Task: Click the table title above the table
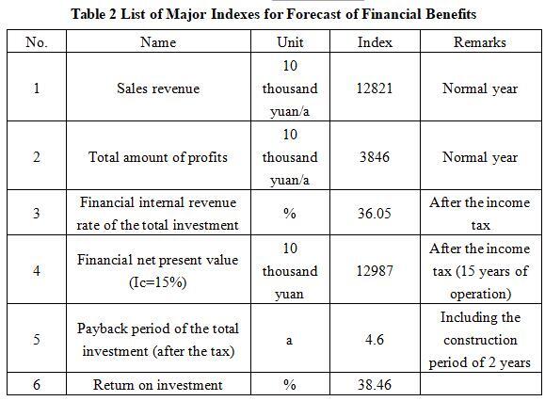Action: coord(274,14)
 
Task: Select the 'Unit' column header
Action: coord(290,42)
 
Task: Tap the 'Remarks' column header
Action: coord(480,42)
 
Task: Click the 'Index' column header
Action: coord(375,42)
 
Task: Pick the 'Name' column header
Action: coord(158,42)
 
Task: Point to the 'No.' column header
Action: coord(36,42)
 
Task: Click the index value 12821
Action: coord(375,88)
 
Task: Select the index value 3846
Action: coord(375,157)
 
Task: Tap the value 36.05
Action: coord(375,213)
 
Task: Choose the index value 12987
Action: coord(375,271)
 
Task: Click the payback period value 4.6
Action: coord(375,340)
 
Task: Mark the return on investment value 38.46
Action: coord(375,385)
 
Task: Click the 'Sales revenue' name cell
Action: coord(158,88)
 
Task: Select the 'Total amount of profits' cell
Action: coord(158,157)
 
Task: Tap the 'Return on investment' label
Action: coord(158,385)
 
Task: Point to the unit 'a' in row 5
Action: coord(289,340)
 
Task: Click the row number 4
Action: coord(37,271)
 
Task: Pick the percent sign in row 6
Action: coord(290,385)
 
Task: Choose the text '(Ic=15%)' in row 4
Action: coord(158,282)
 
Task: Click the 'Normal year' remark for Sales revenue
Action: coord(480,88)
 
